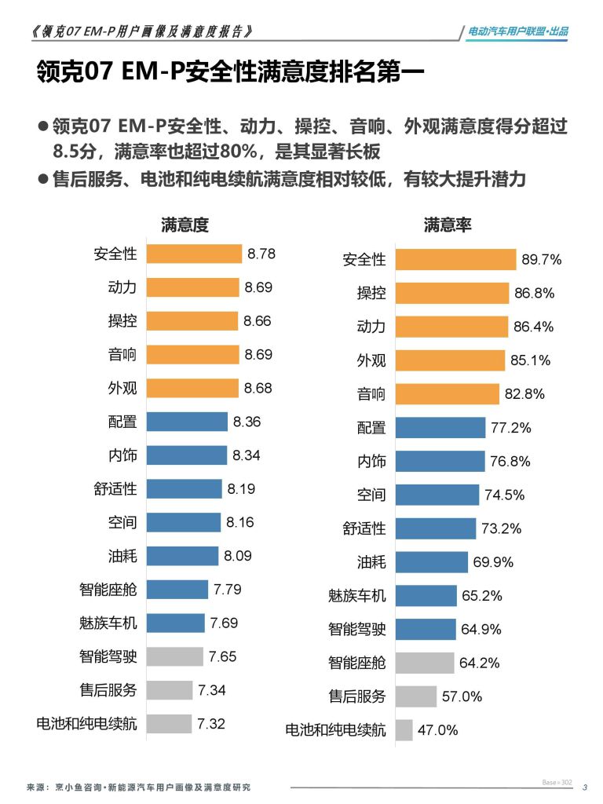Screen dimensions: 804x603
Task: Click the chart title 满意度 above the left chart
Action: (x=185, y=225)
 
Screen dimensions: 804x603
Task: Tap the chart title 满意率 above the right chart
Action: (x=448, y=225)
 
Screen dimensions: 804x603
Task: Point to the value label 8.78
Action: (x=261, y=254)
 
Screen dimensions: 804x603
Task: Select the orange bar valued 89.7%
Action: (x=455, y=260)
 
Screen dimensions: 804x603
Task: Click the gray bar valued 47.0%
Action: (x=404, y=730)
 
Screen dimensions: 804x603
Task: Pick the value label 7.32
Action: (x=211, y=724)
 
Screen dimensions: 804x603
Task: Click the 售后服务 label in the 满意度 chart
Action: (x=108, y=690)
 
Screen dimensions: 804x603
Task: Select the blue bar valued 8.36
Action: (x=187, y=422)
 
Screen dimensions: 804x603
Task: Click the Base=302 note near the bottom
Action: (x=557, y=783)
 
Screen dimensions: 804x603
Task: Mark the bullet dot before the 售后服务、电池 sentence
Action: (x=43, y=179)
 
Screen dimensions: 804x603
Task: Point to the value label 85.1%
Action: (x=531, y=361)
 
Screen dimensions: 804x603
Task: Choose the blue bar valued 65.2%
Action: (x=426, y=596)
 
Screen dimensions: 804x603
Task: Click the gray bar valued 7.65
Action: (x=174, y=656)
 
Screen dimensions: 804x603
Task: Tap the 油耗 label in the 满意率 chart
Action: (x=371, y=562)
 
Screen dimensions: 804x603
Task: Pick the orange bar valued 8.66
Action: (x=192, y=321)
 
